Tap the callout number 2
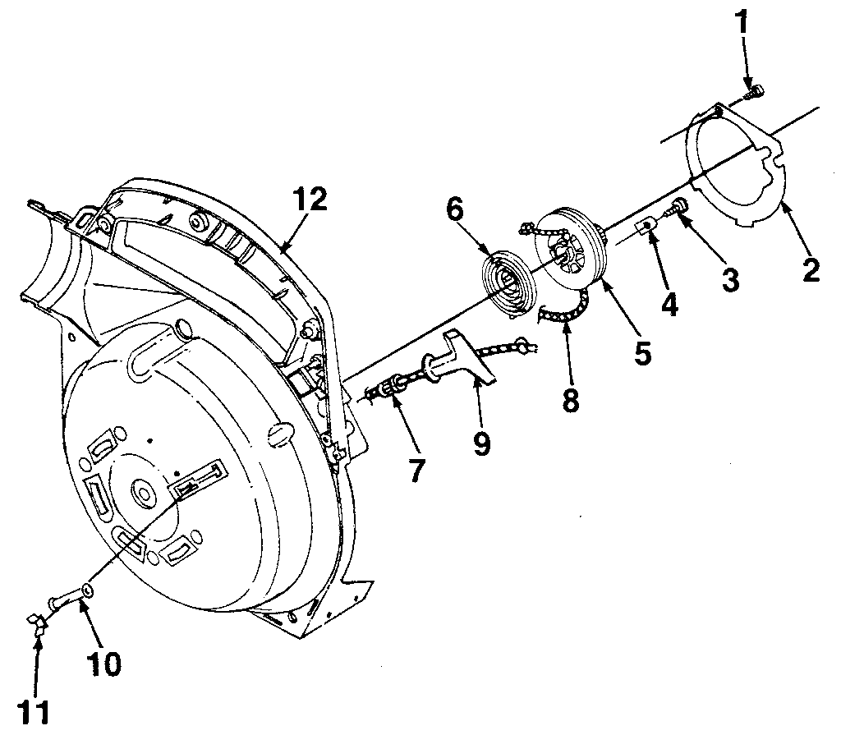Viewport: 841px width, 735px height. pyautogui.click(x=811, y=269)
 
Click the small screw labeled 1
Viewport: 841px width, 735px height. pyautogui.click(x=753, y=94)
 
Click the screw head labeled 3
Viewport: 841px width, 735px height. pyautogui.click(x=681, y=205)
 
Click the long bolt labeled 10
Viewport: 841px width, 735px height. pyautogui.click(x=70, y=599)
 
